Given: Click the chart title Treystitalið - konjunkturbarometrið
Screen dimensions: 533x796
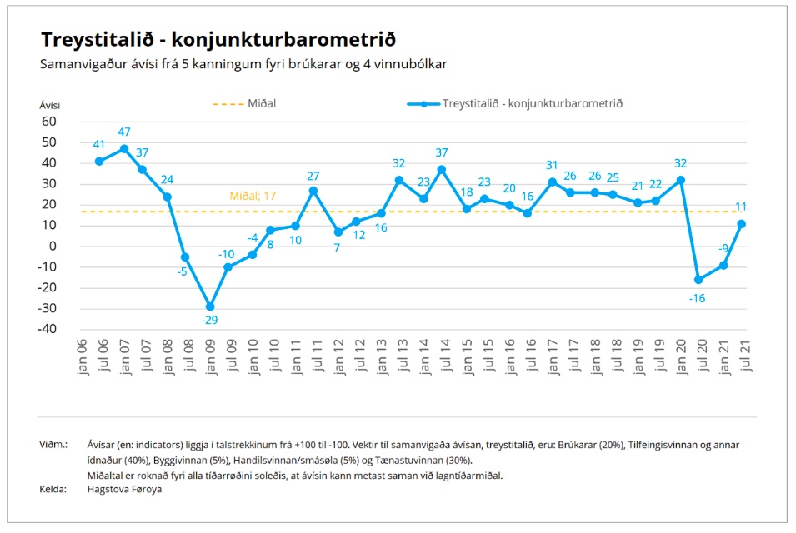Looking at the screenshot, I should (218, 39).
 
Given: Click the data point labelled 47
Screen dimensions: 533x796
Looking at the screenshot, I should (124, 149).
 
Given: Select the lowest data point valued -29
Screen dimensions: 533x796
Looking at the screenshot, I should (210, 306).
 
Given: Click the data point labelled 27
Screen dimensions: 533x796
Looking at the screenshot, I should (313, 190).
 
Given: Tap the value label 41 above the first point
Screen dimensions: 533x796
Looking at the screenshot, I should (99, 144).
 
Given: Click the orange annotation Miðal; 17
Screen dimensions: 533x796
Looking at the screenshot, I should (253, 197).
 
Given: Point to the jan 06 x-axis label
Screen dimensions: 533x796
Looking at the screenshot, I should (83, 356).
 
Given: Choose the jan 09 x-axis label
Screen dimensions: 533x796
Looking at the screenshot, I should (211, 356).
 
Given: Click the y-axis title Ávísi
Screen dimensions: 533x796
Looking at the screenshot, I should (50, 105).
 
